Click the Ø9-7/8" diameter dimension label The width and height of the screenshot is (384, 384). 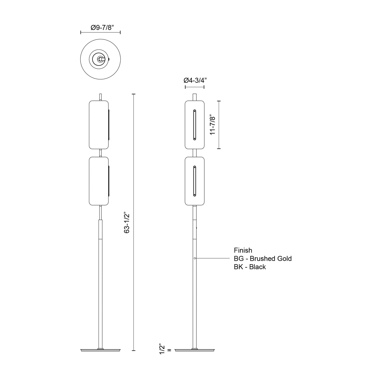tap(100, 27)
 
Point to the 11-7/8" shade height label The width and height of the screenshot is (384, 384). tap(213, 125)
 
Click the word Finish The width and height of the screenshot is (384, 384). tap(243, 250)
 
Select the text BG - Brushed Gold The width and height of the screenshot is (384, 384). tap(263, 259)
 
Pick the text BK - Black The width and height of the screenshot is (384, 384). tap(250, 267)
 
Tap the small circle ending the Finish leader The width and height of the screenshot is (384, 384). tap(195, 258)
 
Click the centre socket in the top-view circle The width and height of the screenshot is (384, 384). tap(100, 59)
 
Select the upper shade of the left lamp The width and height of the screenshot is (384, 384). tap(99, 124)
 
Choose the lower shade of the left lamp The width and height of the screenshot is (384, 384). tap(99, 181)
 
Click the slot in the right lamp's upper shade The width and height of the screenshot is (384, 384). tap(195, 124)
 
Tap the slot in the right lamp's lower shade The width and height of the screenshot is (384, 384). tap(195, 181)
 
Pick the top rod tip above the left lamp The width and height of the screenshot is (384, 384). tap(100, 97)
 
